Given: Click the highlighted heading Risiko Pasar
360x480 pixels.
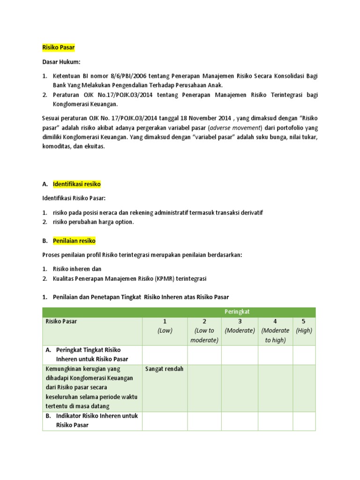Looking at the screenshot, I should pyautogui.click(x=58, y=47).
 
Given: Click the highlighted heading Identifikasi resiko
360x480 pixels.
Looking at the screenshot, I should pyautogui.click(x=76, y=184).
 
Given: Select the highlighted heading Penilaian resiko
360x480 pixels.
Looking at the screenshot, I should pyautogui.click(x=74, y=241).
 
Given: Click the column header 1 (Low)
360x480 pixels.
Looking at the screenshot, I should pyautogui.click(x=165, y=326).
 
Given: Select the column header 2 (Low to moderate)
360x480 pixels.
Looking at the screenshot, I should pyautogui.click(x=204, y=330).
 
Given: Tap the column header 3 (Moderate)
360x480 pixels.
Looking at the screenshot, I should pyautogui.click(x=240, y=326).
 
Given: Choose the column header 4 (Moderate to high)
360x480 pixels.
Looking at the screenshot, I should pyautogui.click(x=275, y=330).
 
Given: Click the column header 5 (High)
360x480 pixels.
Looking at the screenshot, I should pyautogui.click(x=304, y=326).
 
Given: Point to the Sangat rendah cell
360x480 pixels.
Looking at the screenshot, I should pyautogui.click(x=165, y=369).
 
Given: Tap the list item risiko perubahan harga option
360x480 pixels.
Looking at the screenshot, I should pyautogui.click(x=93, y=222).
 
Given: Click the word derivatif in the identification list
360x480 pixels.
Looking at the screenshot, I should pyautogui.click(x=250, y=213).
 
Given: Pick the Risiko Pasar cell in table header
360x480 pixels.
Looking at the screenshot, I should pyautogui.click(x=61, y=322).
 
